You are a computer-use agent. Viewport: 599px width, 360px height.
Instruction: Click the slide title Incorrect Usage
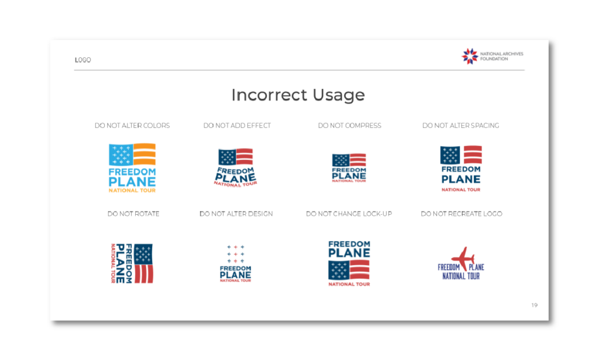[x=298, y=95]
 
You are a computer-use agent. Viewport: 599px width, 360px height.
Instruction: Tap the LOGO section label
[x=83, y=60]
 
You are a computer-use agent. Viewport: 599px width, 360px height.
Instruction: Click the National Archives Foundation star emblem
[x=470, y=56]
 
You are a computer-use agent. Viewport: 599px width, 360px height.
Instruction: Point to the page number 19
[x=535, y=305]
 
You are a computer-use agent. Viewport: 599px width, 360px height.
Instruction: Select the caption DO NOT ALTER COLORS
[x=132, y=125]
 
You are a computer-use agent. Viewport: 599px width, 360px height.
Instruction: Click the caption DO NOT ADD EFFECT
[x=237, y=125]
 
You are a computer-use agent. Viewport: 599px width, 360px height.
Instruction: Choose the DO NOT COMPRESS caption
[x=350, y=125]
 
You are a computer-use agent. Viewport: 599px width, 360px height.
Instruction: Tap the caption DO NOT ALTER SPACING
[x=461, y=125]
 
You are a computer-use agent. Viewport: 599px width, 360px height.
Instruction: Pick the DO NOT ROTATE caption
[x=133, y=214]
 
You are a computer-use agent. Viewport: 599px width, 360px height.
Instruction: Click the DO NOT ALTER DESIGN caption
[x=236, y=214]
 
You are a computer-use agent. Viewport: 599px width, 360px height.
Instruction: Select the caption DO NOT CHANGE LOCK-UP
[x=349, y=214]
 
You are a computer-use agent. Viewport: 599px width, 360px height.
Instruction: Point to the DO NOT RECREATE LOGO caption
[x=462, y=214]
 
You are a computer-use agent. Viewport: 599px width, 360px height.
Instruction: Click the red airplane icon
[x=463, y=258]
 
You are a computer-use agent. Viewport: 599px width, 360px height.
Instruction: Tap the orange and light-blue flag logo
[x=132, y=168]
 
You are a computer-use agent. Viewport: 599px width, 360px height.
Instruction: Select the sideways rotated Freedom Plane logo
[x=132, y=263]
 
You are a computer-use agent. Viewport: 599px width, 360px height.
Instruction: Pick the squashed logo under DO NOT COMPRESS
[x=349, y=168]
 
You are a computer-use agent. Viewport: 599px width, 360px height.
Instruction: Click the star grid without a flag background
[x=235, y=254]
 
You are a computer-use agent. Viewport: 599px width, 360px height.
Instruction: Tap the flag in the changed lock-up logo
[x=349, y=270]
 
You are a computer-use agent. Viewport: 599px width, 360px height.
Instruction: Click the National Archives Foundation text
[x=501, y=56]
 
